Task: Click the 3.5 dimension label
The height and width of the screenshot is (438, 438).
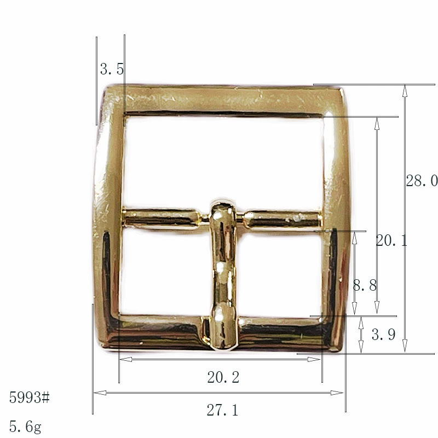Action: click(112, 69)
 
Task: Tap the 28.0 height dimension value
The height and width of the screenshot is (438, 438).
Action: click(422, 181)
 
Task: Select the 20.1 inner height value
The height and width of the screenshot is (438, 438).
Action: click(391, 240)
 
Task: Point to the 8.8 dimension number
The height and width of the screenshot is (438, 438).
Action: click(365, 285)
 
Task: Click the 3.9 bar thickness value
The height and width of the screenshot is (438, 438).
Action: click(383, 334)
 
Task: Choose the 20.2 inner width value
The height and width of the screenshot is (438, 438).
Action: click(223, 377)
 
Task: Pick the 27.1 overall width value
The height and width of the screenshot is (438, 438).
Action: click(222, 410)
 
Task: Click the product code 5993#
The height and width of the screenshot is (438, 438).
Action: click(30, 397)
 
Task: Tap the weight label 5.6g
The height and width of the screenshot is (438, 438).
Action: click(25, 427)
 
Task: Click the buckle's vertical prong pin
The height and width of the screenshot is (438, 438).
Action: click(223, 275)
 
